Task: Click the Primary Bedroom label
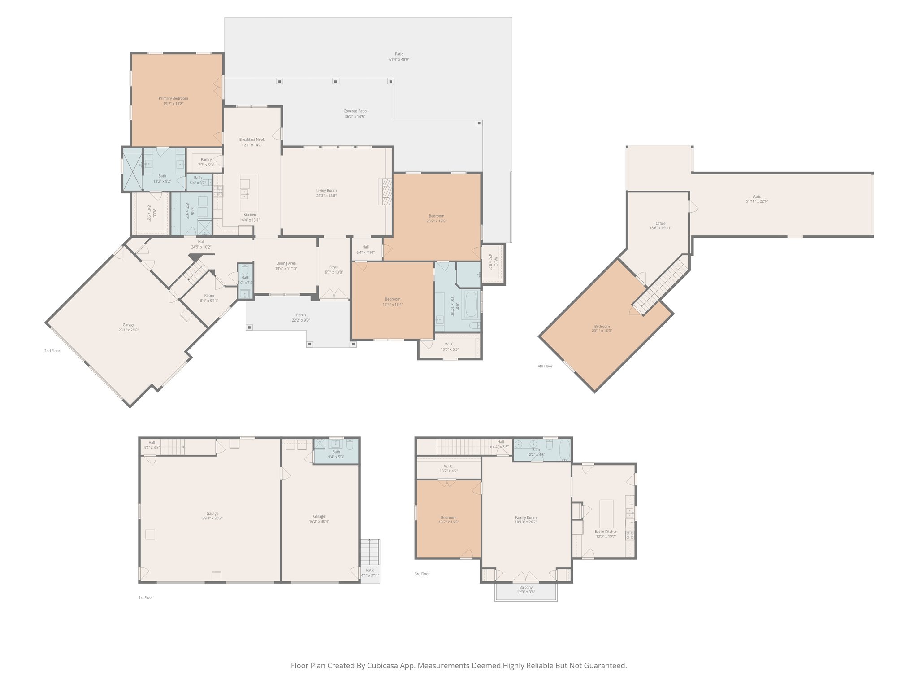click(x=173, y=98)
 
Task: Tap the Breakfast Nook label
click(x=251, y=140)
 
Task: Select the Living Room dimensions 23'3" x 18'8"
click(x=326, y=196)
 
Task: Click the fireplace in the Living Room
click(x=386, y=192)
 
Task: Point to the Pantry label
click(x=206, y=160)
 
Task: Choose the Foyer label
click(x=333, y=267)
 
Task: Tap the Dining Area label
click(x=286, y=263)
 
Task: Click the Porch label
click(x=301, y=315)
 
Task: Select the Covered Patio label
click(x=355, y=111)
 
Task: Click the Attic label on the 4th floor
click(x=757, y=196)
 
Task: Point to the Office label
click(x=660, y=223)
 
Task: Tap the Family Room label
click(x=525, y=517)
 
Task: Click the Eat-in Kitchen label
click(x=606, y=531)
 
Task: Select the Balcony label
click(x=526, y=587)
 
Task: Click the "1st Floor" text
click(x=146, y=597)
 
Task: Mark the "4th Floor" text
click(x=545, y=366)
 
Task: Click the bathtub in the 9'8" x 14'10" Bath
click(x=471, y=305)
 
